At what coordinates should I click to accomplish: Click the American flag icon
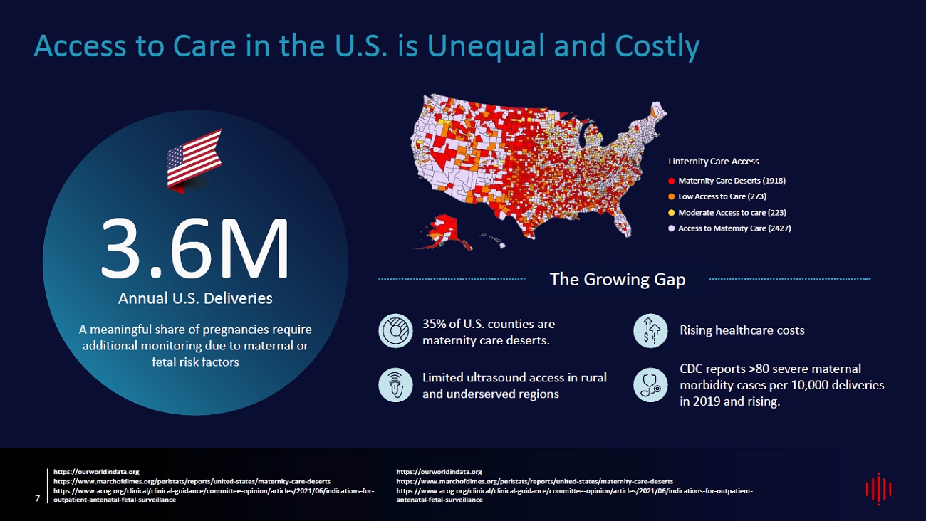[x=194, y=161]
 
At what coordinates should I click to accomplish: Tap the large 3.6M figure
[x=194, y=248]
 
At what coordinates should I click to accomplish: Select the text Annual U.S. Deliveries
[x=195, y=298]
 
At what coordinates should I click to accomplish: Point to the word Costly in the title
[x=657, y=46]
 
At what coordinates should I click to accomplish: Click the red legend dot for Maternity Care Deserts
[x=671, y=181]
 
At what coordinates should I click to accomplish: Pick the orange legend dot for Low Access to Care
[x=671, y=196]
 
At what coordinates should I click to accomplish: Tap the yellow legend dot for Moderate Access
[x=671, y=213]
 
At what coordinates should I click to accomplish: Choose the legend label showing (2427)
[x=734, y=228]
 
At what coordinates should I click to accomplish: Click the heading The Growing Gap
[x=618, y=279]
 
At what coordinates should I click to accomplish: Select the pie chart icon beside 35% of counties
[x=395, y=330]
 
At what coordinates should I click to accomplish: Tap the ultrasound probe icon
[x=395, y=384]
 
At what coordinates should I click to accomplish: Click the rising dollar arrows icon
[x=650, y=330]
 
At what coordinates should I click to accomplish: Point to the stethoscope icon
[x=650, y=384]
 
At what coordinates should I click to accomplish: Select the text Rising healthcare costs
[x=742, y=330]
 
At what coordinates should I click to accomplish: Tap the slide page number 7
[x=38, y=498]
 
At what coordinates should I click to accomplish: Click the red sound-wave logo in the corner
[x=879, y=489]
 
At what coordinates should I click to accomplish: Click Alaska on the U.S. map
[x=444, y=231]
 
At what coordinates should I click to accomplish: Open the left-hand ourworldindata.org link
[x=96, y=472]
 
